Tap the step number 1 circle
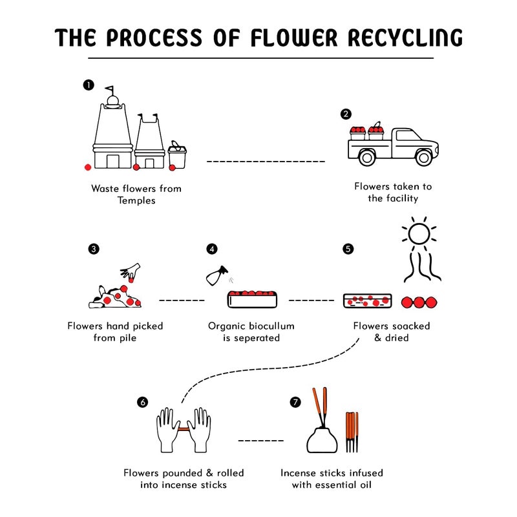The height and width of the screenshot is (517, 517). [89, 85]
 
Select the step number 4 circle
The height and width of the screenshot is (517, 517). [212, 249]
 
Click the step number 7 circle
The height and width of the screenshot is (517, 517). [295, 402]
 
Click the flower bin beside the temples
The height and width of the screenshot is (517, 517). [177, 155]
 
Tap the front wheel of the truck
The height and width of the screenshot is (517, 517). [423, 157]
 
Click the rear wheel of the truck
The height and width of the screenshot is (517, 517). [366, 157]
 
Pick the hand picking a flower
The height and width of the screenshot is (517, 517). [132, 271]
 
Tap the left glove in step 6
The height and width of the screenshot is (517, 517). [167, 428]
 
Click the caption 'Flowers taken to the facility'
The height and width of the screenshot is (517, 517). [393, 193]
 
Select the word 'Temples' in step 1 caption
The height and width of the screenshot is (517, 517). [136, 200]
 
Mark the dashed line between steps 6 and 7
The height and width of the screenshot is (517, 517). [260, 441]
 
